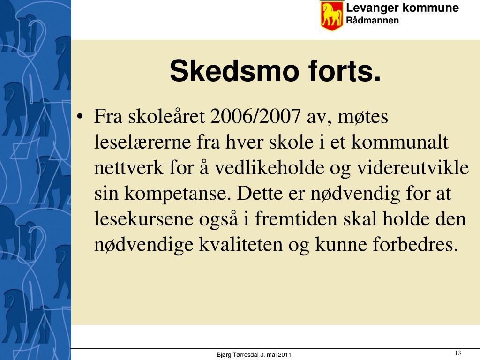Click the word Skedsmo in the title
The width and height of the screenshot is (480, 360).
pyautogui.click(x=234, y=71)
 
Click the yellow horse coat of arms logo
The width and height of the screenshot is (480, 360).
pyautogui.click(x=331, y=16)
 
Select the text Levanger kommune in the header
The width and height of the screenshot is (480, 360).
pyautogui.click(x=402, y=8)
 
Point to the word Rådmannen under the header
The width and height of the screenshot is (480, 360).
pyautogui.click(x=372, y=21)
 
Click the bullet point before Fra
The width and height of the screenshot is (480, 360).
pyautogui.click(x=80, y=117)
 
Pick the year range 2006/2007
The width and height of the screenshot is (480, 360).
pyautogui.click(x=255, y=116)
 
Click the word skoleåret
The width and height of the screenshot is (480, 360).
pyautogui.click(x=166, y=116)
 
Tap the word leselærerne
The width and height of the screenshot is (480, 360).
pyautogui.click(x=142, y=142)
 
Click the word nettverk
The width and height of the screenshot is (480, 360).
pyautogui.click(x=128, y=168)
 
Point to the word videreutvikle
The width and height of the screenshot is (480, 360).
pyautogui.click(x=413, y=167)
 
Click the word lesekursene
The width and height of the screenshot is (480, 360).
pyautogui.click(x=143, y=219)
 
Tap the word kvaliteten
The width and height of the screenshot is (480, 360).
pyautogui.click(x=240, y=244)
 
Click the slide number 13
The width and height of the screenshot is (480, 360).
pyautogui.click(x=457, y=353)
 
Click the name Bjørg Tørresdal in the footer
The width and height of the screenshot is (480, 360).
pyautogui.click(x=238, y=355)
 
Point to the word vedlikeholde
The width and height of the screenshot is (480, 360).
pyautogui.click(x=270, y=168)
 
